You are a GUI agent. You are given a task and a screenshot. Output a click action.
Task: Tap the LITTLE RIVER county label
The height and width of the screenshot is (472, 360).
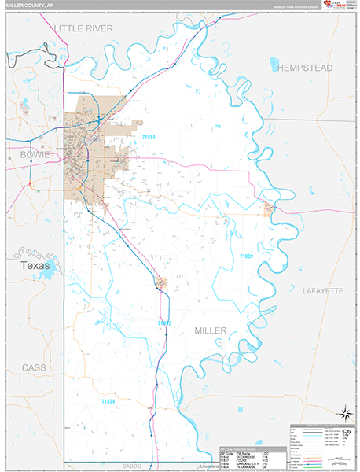tap(84, 28)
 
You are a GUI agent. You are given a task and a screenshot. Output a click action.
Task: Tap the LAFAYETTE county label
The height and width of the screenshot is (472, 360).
tap(322, 291)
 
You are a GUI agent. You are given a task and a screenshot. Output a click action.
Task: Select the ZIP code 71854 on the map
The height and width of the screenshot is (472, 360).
tap(149, 137)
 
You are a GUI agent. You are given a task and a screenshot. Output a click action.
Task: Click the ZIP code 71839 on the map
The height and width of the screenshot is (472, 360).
tap(247, 256)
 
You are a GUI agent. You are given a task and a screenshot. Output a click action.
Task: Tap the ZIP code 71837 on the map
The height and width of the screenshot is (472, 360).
tap(163, 323)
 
